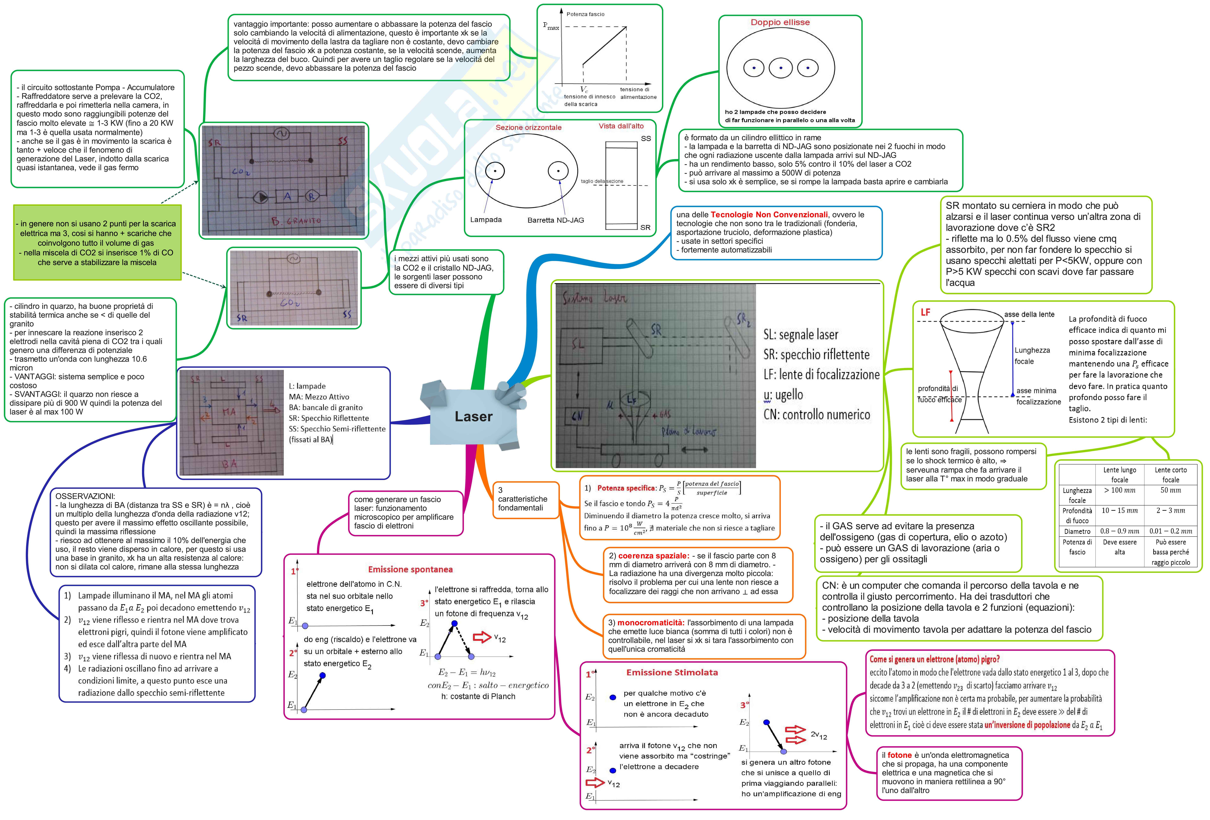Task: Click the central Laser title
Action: tap(473, 417)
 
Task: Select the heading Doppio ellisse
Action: tap(780, 22)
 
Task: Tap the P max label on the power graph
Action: tap(551, 26)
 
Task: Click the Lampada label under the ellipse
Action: tap(486, 220)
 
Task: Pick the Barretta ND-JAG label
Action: tap(556, 220)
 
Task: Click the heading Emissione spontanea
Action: tap(410, 570)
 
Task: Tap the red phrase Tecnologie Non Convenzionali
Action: tap(769, 215)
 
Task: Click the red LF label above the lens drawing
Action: tap(925, 312)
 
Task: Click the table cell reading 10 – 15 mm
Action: tap(1119, 511)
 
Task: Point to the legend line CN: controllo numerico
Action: tap(816, 415)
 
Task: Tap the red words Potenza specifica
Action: tap(626, 488)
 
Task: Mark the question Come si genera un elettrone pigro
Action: tap(934, 659)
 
